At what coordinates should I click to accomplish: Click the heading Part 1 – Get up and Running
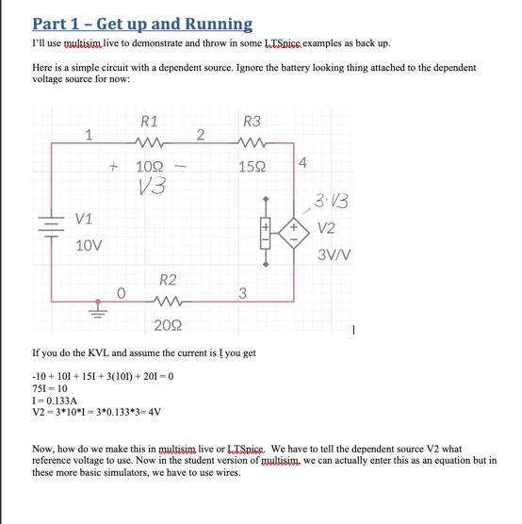pyautogui.click(x=142, y=24)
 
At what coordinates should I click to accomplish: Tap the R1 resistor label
pyautogui.click(x=149, y=122)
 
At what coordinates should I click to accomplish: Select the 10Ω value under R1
pyautogui.click(x=150, y=168)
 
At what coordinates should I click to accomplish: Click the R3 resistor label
pyautogui.click(x=252, y=122)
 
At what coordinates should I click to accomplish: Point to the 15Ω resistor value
pyautogui.click(x=252, y=168)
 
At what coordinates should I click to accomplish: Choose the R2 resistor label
pyautogui.click(x=167, y=280)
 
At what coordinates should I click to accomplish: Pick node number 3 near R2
pyautogui.click(x=242, y=293)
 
